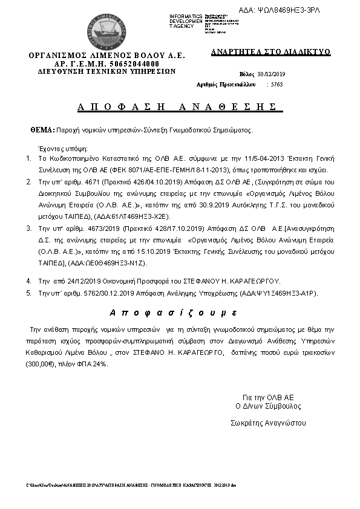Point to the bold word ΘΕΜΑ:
click(42, 130)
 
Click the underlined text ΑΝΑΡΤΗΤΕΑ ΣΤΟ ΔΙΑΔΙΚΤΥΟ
click(270, 52)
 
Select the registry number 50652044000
click(129, 63)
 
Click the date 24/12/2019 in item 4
click(74, 281)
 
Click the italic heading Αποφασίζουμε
click(173, 313)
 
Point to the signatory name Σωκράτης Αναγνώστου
click(269, 423)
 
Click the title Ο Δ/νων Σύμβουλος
click(268, 406)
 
